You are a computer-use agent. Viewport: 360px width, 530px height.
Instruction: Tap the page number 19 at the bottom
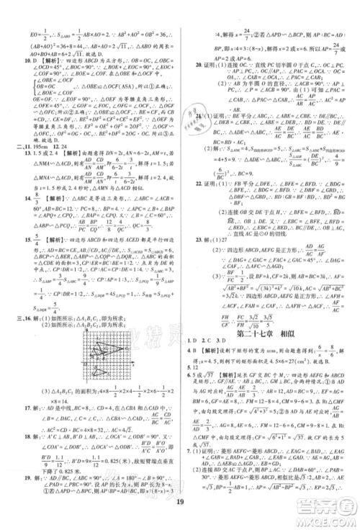(x=179, y=508)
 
